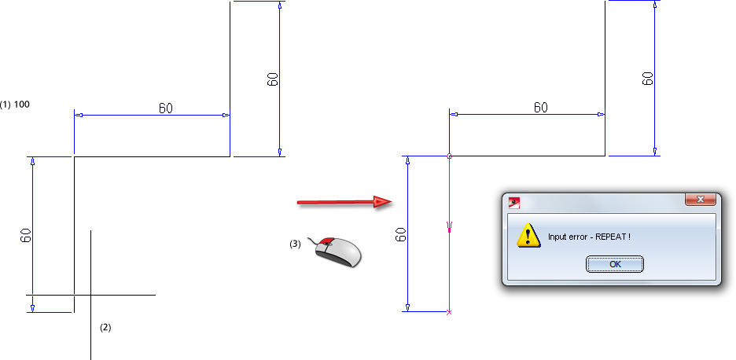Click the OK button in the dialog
pos(615,264)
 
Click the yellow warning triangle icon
pos(527,235)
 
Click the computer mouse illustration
pos(337,251)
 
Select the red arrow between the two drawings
pos(344,202)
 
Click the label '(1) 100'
pos(16,104)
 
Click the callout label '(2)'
pos(105,327)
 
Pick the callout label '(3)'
pos(295,244)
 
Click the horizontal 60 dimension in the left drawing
pos(166,108)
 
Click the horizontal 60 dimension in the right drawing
pos(541,108)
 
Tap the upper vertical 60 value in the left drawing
pos(272,79)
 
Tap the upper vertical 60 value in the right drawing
pos(647,79)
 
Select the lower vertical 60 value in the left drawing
pos(25,234)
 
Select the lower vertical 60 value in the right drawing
pos(400,234)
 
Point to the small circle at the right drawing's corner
pos(449,156)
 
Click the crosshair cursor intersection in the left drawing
pos(91,295)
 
